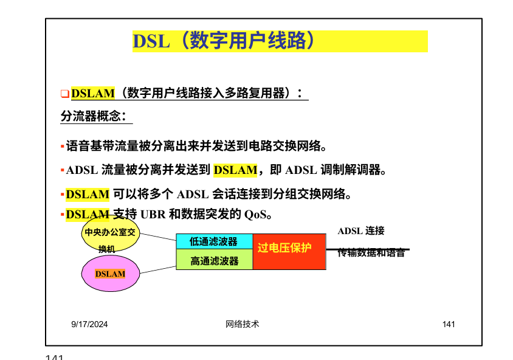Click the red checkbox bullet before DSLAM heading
[x=64, y=94]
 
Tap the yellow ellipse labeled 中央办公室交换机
[x=110, y=239]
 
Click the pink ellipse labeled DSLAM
[x=110, y=273]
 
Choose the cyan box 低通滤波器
[x=213, y=241]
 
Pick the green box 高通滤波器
[x=213, y=261]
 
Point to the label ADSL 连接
[x=361, y=231]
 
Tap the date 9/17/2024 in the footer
[x=89, y=325]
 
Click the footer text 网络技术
[x=241, y=325]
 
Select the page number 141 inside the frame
[x=449, y=325]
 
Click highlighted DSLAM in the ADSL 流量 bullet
[x=236, y=170]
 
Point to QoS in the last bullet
[x=255, y=215]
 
